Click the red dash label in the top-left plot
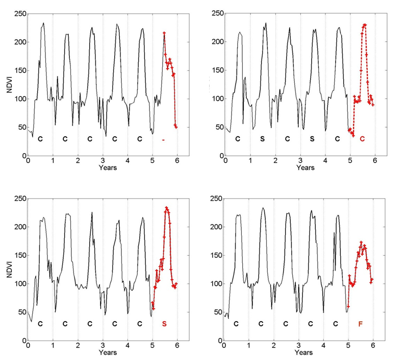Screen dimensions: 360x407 [163, 139]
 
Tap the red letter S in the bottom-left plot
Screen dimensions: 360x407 [164, 324]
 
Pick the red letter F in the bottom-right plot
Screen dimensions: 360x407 [361, 324]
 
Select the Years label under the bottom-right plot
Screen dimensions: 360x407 [304, 353]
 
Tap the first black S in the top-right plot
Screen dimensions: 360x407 [262, 138]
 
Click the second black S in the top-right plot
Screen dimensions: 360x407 [312, 138]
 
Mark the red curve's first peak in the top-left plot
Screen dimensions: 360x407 [164, 33]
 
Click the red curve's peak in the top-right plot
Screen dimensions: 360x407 [365, 24]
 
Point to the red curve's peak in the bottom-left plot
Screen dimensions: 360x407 [167, 208]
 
